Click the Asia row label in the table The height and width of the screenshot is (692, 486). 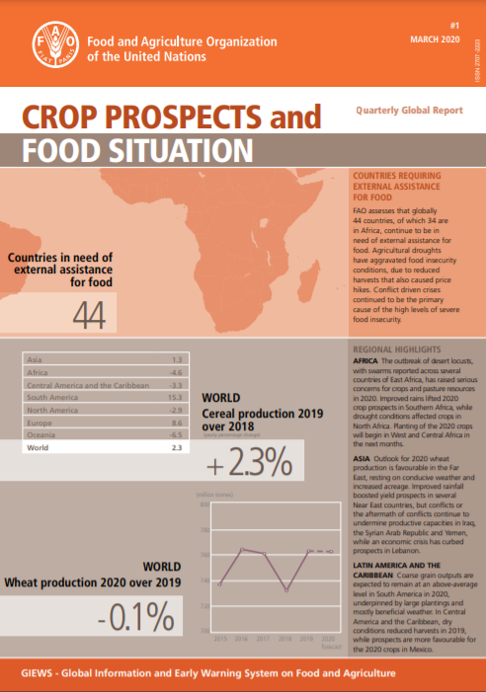point(35,358)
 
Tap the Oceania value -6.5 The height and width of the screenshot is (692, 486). point(178,433)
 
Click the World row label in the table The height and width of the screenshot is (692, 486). point(38,446)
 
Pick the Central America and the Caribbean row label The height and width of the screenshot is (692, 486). point(87,383)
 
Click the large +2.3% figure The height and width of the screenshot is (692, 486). point(249,460)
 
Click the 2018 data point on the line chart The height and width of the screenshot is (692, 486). point(286,590)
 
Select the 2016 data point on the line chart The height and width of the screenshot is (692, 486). point(242,549)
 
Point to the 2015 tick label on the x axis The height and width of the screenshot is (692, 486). point(219,639)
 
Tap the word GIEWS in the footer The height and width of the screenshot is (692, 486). point(43,672)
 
